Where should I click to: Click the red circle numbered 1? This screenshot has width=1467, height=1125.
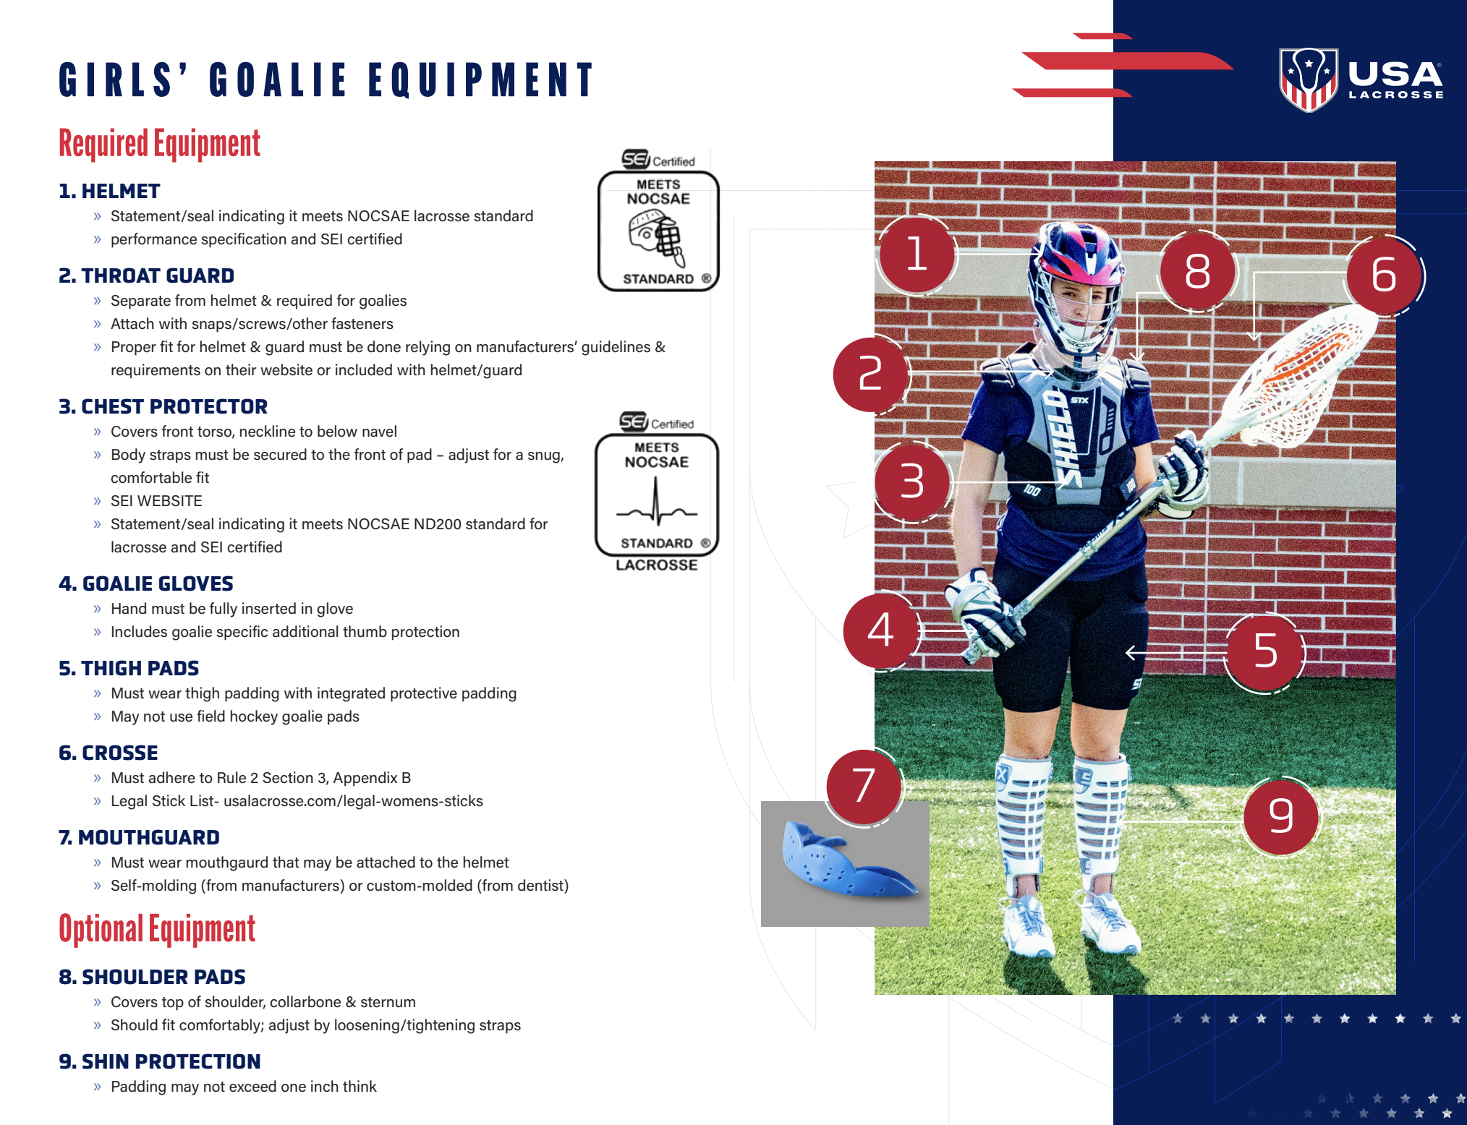pos(917,254)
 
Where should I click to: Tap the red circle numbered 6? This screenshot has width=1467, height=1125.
pos(1384,275)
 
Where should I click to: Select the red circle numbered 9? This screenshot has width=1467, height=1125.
pos(1280,816)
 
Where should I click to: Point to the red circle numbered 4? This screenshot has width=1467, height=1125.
pos(880,630)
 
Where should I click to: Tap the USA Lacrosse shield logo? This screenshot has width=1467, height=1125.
pos(1308,78)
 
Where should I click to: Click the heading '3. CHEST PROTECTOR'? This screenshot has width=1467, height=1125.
pos(163,406)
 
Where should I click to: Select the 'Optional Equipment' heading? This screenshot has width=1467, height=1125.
pos(157,930)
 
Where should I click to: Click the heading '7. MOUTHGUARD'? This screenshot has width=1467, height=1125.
pos(139,837)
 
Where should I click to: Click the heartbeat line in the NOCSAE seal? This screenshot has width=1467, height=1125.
pos(656,504)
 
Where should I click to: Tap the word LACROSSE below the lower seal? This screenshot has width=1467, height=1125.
pos(656,565)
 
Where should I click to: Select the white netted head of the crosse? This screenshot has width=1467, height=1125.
pos(1302,376)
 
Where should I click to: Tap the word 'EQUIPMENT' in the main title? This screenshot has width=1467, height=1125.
pos(480,80)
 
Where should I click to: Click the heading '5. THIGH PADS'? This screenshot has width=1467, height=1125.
pos(129,668)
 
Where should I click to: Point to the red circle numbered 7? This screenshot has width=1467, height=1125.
pos(864,786)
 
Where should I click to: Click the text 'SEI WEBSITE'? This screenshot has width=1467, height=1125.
pos(156,501)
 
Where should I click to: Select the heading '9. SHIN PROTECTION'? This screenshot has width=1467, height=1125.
pos(159,1061)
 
